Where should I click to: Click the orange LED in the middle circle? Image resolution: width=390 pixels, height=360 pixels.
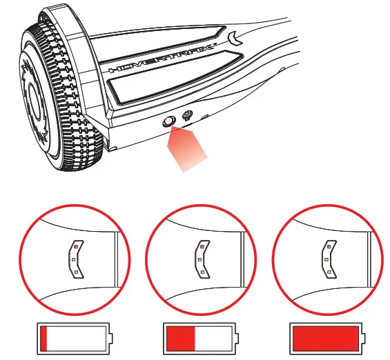pos(199,259)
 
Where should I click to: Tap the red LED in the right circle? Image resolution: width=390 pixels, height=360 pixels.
pos(326,246)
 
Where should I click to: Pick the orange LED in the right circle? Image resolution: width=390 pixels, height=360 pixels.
pos(325,259)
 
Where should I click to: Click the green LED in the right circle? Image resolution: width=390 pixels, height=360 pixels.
pos(326,272)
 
